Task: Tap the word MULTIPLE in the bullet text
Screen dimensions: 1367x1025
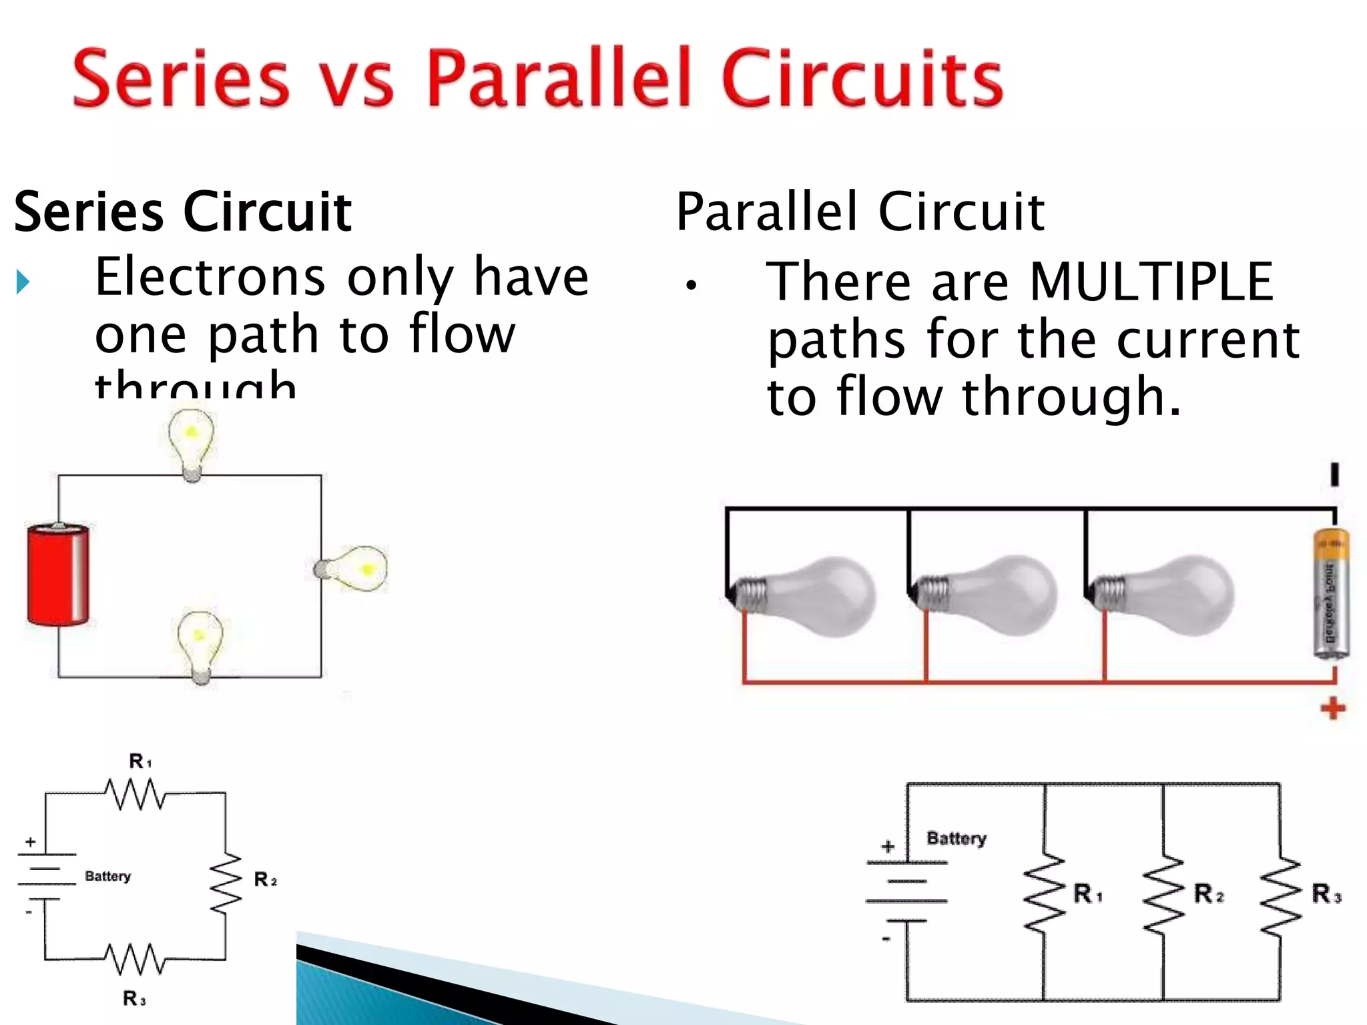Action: pos(1151,282)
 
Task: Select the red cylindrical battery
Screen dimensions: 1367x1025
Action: pos(58,575)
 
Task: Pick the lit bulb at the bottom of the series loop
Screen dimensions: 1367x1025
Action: pos(200,644)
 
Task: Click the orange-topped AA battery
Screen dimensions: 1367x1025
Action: pos(1331,594)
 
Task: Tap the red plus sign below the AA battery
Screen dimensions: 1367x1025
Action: pos(1332,708)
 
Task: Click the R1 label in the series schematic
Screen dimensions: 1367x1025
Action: pos(140,761)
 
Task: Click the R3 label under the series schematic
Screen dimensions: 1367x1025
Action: pos(133,998)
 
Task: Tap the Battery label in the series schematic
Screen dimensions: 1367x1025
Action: pos(107,876)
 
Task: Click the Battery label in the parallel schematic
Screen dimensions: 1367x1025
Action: pos(956,838)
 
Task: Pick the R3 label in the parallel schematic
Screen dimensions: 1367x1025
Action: pos(1326,894)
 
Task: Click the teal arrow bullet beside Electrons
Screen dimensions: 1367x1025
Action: pos(23,282)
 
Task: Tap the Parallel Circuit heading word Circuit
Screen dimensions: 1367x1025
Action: pos(961,212)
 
